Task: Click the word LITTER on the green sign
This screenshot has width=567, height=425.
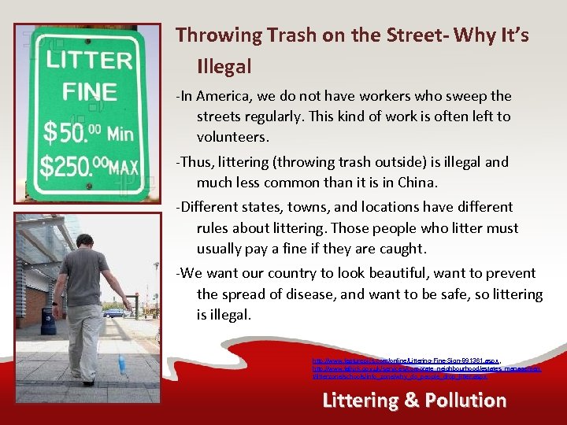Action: (89, 60)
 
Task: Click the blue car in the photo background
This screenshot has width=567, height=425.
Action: (116, 312)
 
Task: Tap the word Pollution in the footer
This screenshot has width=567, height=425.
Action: (465, 400)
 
